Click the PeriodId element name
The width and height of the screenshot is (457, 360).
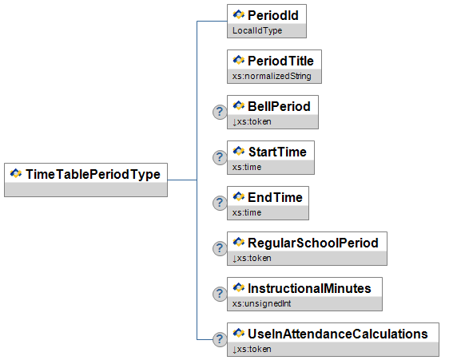point(273,15)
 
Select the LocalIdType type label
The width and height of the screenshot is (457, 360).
point(257,30)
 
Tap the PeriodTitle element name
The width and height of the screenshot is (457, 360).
point(280,61)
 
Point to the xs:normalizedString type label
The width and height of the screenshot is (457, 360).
point(272,76)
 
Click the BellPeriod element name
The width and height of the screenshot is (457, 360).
point(279,106)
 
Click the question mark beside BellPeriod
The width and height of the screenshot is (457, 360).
point(220,112)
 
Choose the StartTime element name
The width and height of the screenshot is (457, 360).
point(277,152)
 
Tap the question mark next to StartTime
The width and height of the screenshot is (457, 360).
point(220,157)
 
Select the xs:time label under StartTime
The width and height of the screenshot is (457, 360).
point(247,167)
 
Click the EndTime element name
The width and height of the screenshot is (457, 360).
point(275,197)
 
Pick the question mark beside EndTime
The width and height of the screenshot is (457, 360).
point(220,203)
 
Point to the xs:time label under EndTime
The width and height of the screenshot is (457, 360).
point(247,212)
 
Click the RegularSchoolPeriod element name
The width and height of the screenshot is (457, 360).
point(313,243)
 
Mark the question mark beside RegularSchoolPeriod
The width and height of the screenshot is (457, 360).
point(220,248)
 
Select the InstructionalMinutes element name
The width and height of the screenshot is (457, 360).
point(309,288)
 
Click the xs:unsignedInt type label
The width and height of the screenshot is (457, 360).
point(262,304)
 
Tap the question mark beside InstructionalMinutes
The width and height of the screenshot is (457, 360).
point(220,294)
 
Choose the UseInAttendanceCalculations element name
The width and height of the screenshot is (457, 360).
point(338,334)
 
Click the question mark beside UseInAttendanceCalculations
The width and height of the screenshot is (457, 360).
point(220,339)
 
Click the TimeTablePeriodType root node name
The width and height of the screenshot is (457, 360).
point(93,175)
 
